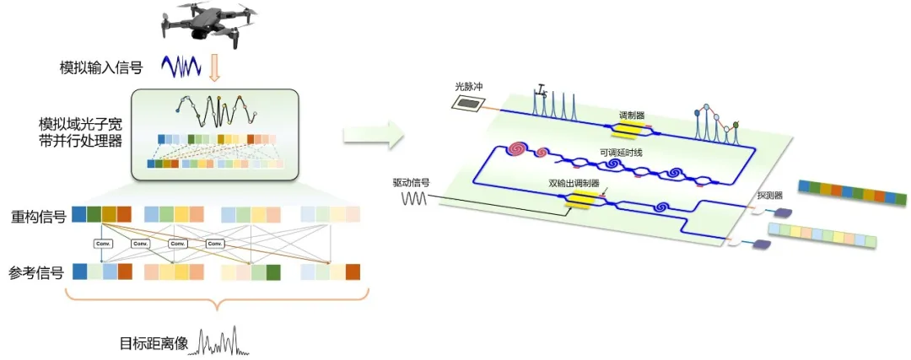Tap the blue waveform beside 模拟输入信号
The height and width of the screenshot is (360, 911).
(180, 66)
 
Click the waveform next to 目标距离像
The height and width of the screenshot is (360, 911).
(221, 341)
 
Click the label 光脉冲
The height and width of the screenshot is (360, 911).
(466, 86)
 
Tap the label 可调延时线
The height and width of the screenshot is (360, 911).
(616, 153)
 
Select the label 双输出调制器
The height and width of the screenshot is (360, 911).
(570, 183)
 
